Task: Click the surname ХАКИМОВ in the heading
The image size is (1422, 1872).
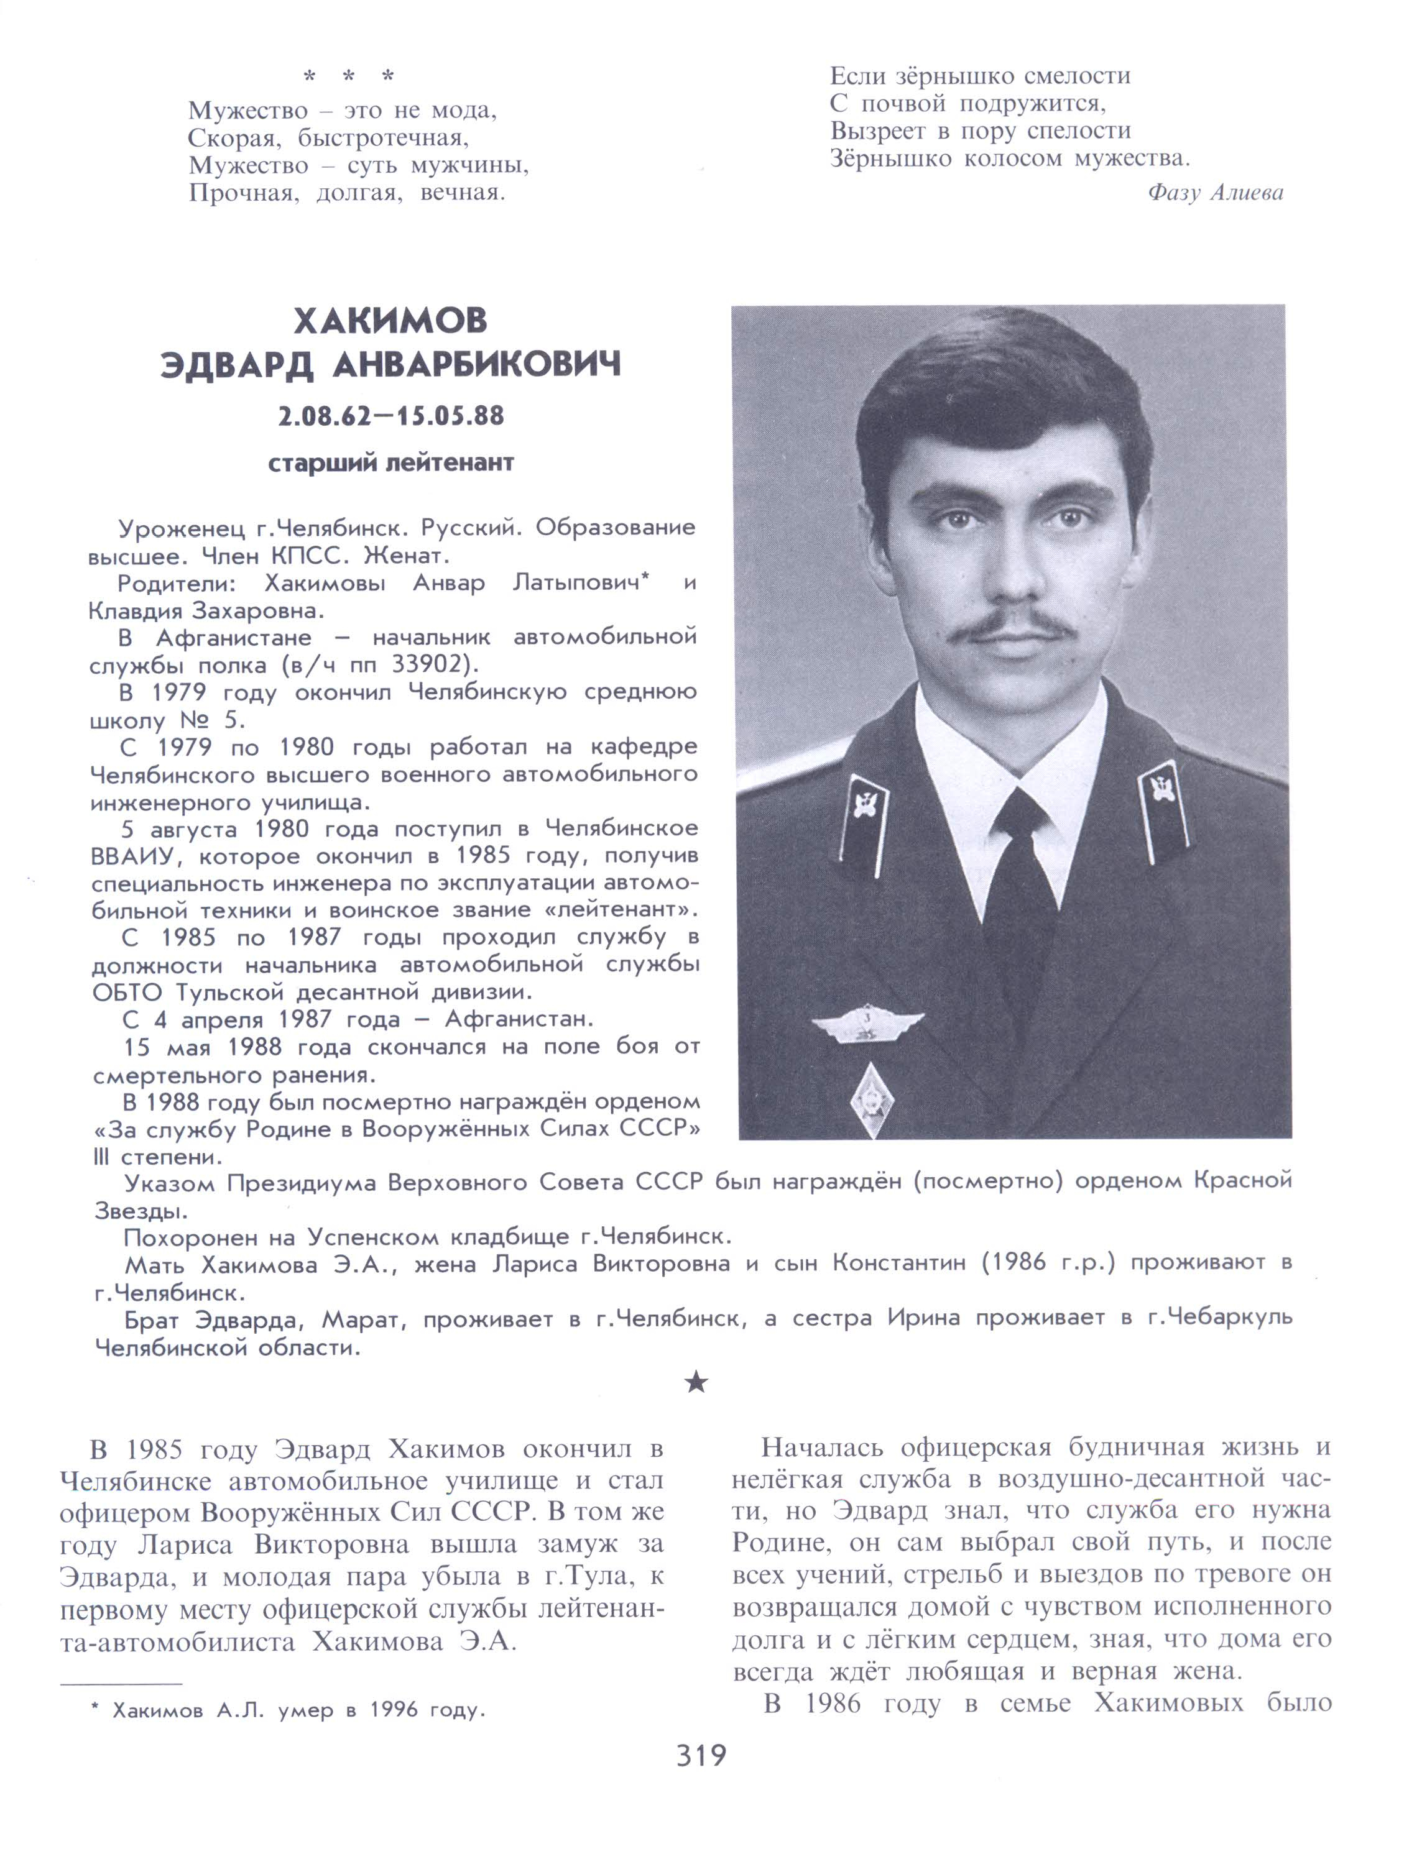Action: coord(390,321)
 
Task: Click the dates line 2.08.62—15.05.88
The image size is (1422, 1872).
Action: coord(390,416)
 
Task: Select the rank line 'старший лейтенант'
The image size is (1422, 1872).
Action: coord(390,463)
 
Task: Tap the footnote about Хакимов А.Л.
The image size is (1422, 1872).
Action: coord(288,1710)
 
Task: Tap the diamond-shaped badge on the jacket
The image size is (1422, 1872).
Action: coord(870,1099)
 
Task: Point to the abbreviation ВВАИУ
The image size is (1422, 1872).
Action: coord(136,856)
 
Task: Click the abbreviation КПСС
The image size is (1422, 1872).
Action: coord(307,556)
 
